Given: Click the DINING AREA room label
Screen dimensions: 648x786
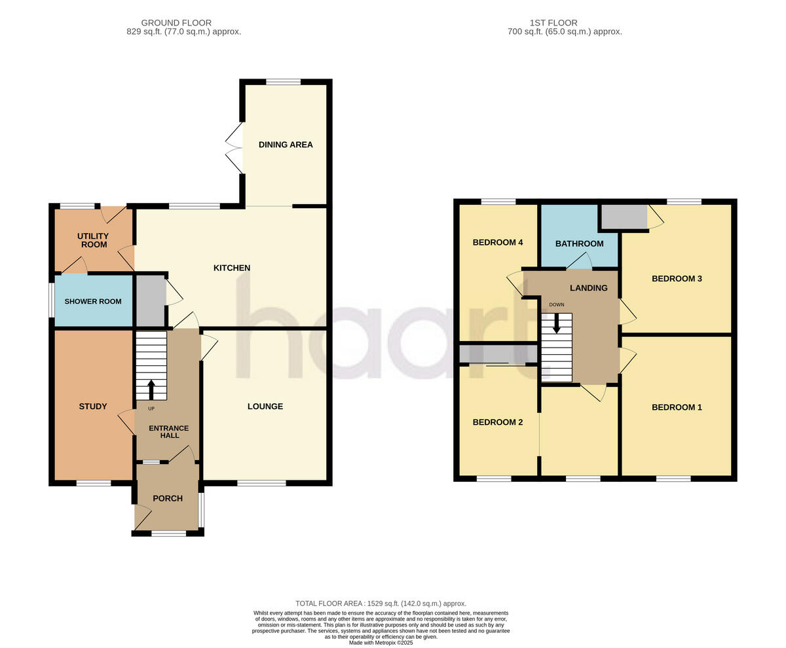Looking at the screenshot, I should click(286, 145).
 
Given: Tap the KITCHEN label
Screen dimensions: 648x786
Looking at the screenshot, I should click(232, 268).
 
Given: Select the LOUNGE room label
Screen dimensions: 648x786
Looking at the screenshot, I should click(265, 406).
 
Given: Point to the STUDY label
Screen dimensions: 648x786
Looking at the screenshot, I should click(93, 406).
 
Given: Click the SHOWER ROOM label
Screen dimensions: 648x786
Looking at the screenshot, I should click(93, 302).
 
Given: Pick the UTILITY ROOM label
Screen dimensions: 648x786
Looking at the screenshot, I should click(93, 240).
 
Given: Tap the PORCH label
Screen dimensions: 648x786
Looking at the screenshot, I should click(168, 498).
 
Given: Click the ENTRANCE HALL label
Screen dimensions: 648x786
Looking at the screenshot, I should click(168, 432).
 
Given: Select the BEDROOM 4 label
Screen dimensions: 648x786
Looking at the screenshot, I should click(498, 242).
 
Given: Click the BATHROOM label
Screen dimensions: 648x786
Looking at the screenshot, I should click(579, 244).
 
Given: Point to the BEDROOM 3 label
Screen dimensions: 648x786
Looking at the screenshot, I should click(677, 279).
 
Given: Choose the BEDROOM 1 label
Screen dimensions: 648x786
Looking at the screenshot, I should click(677, 407).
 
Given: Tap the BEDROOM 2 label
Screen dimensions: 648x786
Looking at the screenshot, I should click(498, 422).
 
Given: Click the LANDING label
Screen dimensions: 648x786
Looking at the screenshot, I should click(588, 288).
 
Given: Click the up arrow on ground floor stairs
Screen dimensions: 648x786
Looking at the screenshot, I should click(151, 389).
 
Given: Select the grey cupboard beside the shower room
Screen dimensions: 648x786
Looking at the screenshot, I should click(150, 301).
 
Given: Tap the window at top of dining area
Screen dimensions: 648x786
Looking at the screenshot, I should click(284, 82).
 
